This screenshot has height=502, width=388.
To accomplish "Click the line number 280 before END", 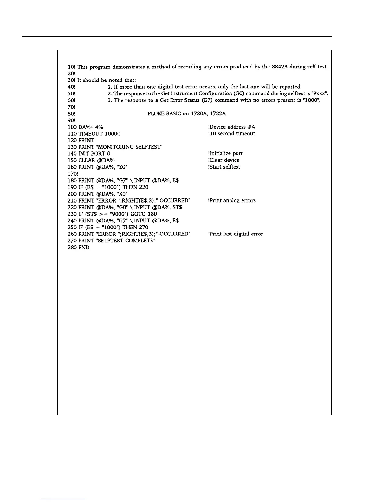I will pyautogui.click(x=72, y=247).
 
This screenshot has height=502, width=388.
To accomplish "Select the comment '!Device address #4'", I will pyautogui.click(x=231, y=127).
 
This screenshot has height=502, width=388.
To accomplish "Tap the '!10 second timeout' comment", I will pyautogui.click(x=231, y=134).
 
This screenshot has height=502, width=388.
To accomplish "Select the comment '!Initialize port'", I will pyautogui.click(x=225, y=154).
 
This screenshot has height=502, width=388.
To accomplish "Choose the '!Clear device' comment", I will pyautogui.click(x=223, y=160).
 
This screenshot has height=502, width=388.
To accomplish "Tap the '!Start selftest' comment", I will pyautogui.click(x=224, y=167).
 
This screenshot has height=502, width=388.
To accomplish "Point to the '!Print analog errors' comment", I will pyautogui.click(x=232, y=201).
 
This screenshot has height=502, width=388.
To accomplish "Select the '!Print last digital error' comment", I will pyautogui.click(x=236, y=234).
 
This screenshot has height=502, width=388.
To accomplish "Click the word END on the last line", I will pyautogui.click(x=84, y=247).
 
